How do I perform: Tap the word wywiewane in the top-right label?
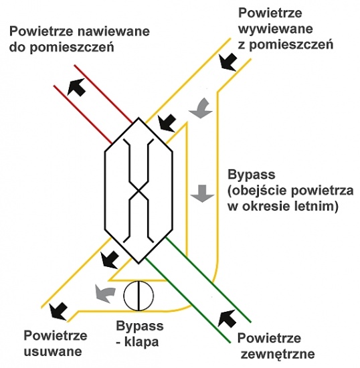[x=276, y=29]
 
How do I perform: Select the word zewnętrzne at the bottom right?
[x=278, y=354]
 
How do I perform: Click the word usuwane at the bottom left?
[x=53, y=351]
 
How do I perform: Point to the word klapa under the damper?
[x=141, y=342]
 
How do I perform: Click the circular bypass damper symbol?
[x=139, y=296]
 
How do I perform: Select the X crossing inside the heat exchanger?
[x=139, y=190]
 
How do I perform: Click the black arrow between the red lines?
[x=76, y=87]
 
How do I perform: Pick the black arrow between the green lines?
[x=227, y=318]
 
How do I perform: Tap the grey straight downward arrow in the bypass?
[x=202, y=193]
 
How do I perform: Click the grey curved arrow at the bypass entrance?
[x=201, y=108]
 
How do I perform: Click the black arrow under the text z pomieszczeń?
[x=228, y=62]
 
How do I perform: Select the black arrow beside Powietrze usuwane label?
[x=58, y=311]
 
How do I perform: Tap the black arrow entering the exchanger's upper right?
[x=167, y=123]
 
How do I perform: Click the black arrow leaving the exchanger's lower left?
[x=110, y=260]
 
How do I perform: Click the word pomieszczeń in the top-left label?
[x=72, y=48]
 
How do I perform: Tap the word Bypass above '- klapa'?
[x=140, y=327]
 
